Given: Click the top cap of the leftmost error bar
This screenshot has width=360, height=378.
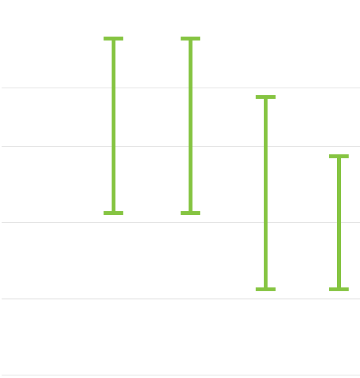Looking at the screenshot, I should [x=114, y=39].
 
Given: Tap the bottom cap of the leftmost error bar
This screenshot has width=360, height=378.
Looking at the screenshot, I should [x=114, y=213].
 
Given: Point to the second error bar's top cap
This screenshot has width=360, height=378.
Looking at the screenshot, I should [x=190, y=39].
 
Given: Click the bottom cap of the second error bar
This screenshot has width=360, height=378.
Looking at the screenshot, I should [x=190, y=213].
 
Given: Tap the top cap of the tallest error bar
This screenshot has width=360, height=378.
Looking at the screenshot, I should [x=266, y=97].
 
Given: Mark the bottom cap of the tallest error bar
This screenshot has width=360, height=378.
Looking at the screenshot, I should [x=266, y=289].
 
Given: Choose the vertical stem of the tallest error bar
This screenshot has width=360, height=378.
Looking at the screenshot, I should [x=266, y=192].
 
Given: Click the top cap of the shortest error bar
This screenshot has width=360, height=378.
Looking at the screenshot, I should [x=339, y=157].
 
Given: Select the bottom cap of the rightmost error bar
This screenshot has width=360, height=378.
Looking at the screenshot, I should [x=339, y=289].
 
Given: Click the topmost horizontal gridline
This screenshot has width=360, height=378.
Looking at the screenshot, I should [x=48, y=88].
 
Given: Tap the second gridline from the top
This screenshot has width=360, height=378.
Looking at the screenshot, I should [x=48, y=147].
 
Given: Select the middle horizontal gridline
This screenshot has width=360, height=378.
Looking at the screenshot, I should [x=48, y=223].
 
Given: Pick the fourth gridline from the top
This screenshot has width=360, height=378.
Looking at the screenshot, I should [x=48, y=299].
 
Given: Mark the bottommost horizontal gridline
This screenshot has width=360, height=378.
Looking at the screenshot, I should [x=48, y=375].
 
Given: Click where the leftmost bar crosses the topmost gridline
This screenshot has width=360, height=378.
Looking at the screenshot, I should [x=114, y=88].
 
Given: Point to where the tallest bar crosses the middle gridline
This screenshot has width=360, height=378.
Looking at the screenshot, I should [x=266, y=223].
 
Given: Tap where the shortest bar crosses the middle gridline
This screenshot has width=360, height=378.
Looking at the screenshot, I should [x=339, y=223].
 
